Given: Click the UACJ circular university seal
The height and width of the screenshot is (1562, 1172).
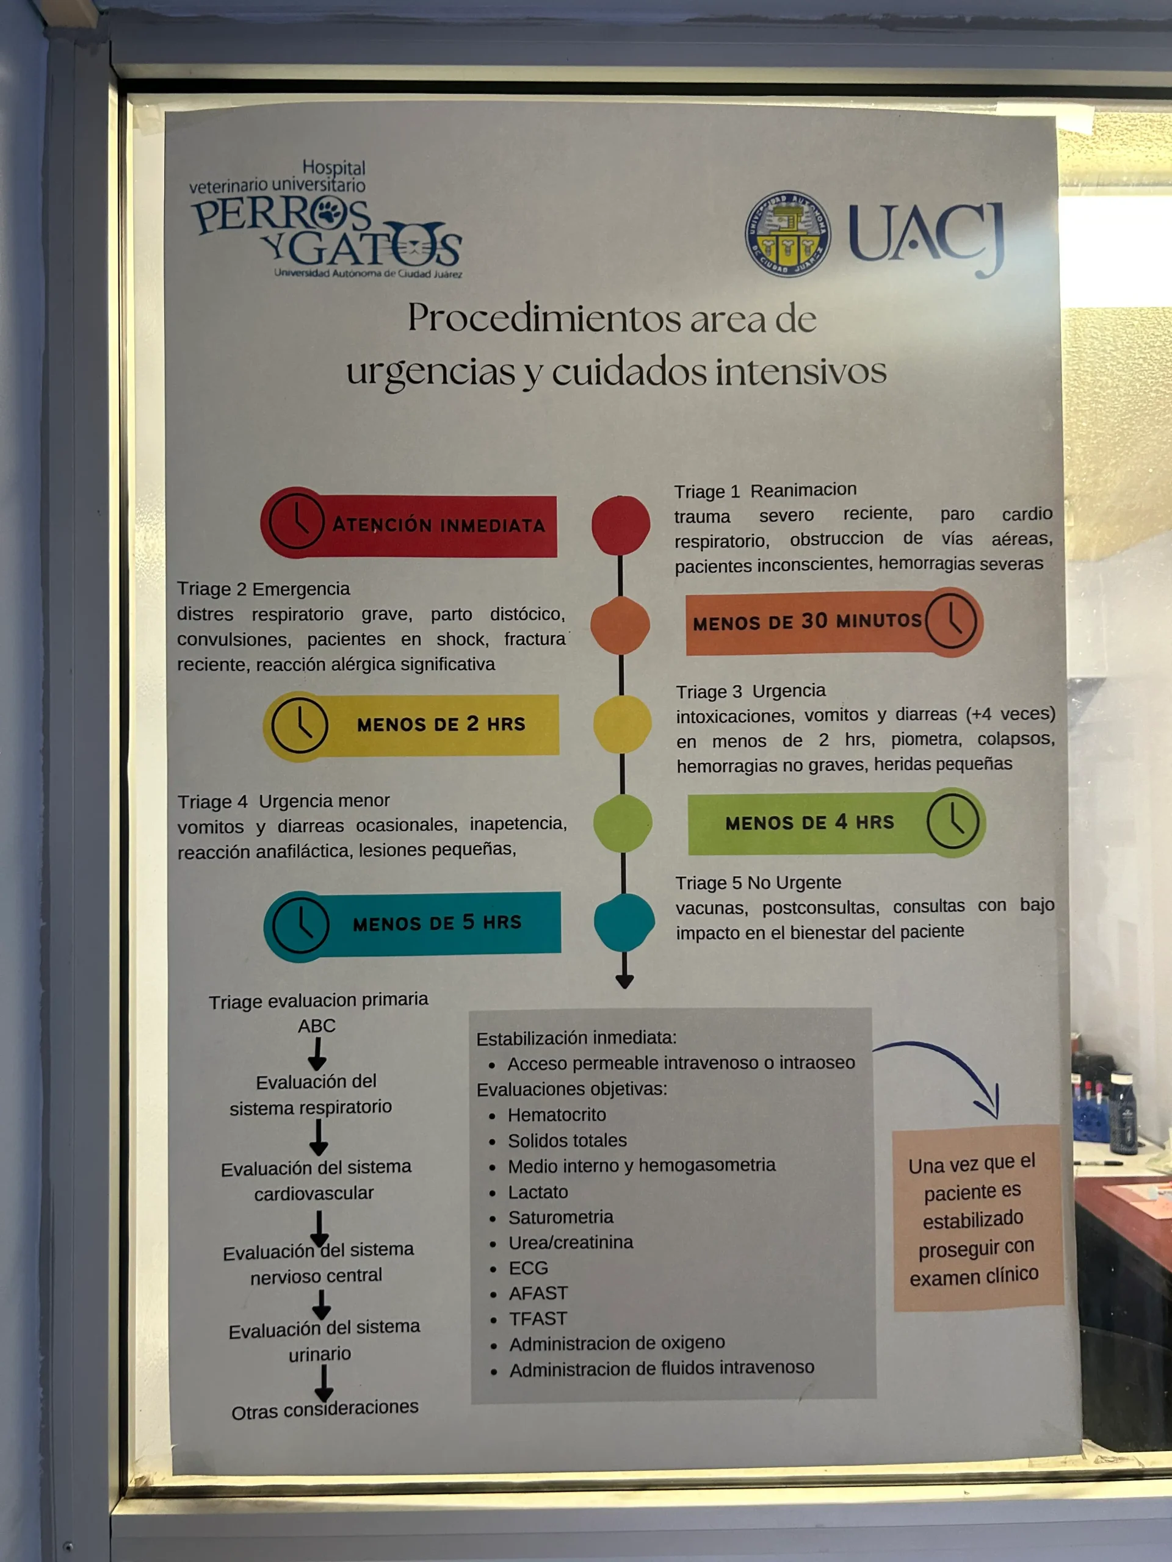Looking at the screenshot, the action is click(x=787, y=234).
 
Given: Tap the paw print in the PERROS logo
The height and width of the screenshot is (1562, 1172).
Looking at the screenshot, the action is click(x=329, y=211).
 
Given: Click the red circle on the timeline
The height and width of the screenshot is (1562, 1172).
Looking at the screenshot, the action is click(x=620, y=525).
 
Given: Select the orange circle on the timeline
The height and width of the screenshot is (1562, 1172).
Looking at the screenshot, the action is click(x=620, y=625).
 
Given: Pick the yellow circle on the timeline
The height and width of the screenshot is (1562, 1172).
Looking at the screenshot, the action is click(x=621, y=724).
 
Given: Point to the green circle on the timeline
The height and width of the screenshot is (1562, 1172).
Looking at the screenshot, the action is click(x=623, y=822).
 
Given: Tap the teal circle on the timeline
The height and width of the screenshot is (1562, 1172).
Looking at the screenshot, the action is click(x=624, y=922).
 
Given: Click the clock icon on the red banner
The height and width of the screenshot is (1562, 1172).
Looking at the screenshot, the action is click(x=296, y=522).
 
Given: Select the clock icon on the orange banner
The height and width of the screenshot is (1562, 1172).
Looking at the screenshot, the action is click(x=952, y=621).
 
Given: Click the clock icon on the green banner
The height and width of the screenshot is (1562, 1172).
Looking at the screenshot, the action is click(x=953, y=822).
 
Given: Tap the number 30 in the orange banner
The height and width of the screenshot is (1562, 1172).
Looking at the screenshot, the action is click(x=814, y=621).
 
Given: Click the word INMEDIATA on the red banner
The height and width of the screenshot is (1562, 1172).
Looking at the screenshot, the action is click(x=493, y=525).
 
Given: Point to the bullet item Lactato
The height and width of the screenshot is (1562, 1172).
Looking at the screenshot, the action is click(x=538, y=1192).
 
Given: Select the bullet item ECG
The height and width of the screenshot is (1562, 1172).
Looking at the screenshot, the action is click(x=528, y=1269).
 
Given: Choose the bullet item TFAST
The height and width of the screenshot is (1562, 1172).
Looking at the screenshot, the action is click(x=538, y=1319).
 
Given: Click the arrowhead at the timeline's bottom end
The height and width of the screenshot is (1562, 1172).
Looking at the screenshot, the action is click(x=624, y=981).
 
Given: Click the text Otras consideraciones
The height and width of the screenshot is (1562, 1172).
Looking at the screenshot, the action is click(x=325, y=1409).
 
